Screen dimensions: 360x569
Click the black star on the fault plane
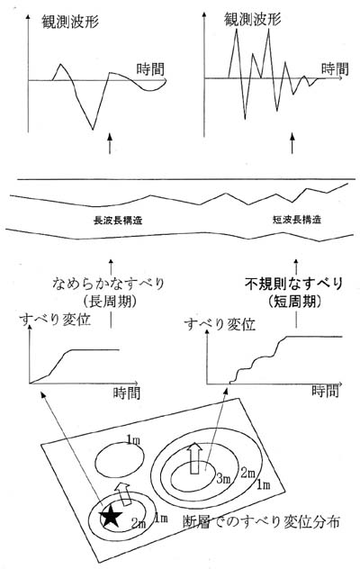click(111, 517)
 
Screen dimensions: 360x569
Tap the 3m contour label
click(223, 479)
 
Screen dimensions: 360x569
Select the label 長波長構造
click(118, 221)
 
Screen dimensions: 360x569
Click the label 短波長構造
click(297, 220)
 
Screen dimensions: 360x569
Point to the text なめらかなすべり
click(108, 284)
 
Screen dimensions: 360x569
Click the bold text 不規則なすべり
click(294, 284)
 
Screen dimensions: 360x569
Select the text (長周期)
click(110, 302)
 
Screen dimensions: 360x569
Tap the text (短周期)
click(294, 302)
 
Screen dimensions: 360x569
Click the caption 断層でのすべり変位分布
click(261, 522)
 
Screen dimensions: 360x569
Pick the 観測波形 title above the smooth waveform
click(70, 22)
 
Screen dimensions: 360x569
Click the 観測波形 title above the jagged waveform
click(253, 19)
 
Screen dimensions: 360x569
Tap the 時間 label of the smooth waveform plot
click(150, 69)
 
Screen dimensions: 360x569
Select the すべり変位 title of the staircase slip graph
click(220, 324)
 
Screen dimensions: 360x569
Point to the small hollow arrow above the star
click(124, 493)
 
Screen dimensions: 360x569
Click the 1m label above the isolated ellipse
click(133, 440)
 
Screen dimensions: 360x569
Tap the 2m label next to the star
click(139, 523)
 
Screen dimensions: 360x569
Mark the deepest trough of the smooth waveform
click(93, 129)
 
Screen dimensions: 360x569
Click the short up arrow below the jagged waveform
click(292, 143)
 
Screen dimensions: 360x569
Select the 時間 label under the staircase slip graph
click(325, 391)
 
